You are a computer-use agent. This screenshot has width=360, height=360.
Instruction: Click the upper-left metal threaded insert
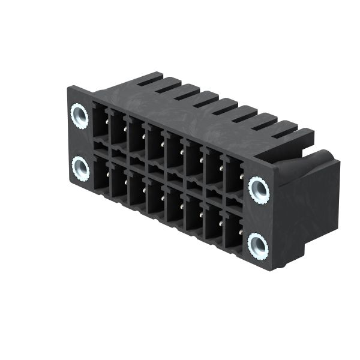coord(79,113)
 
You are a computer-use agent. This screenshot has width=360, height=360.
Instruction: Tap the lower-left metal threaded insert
coord(80,169)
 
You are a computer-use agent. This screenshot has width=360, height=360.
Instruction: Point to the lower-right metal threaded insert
coord(258,244)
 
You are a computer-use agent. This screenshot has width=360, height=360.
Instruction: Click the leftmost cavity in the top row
coord(100,123)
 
